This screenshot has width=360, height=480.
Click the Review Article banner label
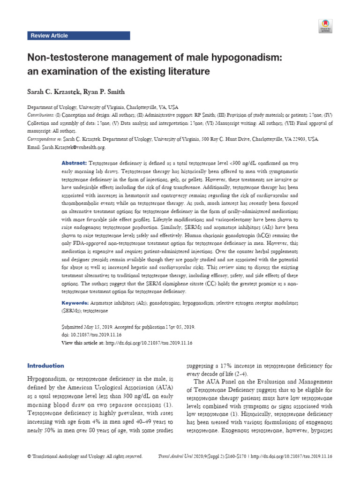coord(49,36)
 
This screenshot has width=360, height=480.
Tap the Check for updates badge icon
coord(325,26)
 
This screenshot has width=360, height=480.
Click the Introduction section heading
coord(46,366)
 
